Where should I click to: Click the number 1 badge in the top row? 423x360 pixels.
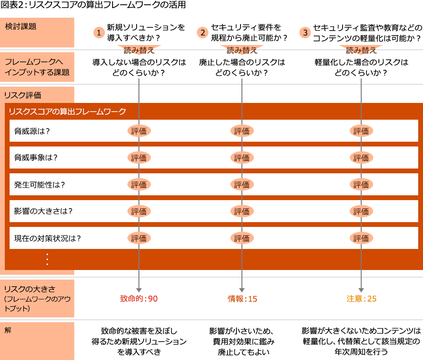pyautogui.click(x=99, y=33)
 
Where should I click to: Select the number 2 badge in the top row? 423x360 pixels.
pyautogui.click(x=202, y=33)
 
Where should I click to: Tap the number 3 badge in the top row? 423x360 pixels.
pyautogui.click(x=305, y=33)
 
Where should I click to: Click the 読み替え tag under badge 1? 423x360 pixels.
pyautogui.click(x=138, y=50)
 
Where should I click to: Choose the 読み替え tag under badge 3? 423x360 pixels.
pyautogui.click(x=360, y=50)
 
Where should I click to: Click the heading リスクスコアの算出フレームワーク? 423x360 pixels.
pyautogui.click(x=67, y=112)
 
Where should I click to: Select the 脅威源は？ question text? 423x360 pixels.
pyautogui.click(x=32, y=131)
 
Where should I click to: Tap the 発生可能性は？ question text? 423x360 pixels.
pyautogui.click(x=40, y=185)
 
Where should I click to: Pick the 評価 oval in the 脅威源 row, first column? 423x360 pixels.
pyautogui.click(x=139, y=131)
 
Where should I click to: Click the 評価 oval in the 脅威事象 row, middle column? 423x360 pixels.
pyautogui.click(x=241, y=158)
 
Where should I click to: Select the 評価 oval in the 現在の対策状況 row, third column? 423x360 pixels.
pyautogui.click(x=361, y=238)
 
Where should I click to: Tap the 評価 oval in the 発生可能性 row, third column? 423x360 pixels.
pyautogui.click(x=361, y=185)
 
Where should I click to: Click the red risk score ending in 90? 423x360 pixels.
pyautogui.click(x=139, y=299)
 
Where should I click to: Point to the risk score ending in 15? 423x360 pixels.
pyautogui.click(x=242, y=299)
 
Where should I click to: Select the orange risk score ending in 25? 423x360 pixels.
pyautogui.click(x=361, y=299)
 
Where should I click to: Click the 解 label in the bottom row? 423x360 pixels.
pyautogui.click(x=8, y=330)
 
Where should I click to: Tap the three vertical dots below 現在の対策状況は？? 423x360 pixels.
pyautogui.click(x=47, y=259)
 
